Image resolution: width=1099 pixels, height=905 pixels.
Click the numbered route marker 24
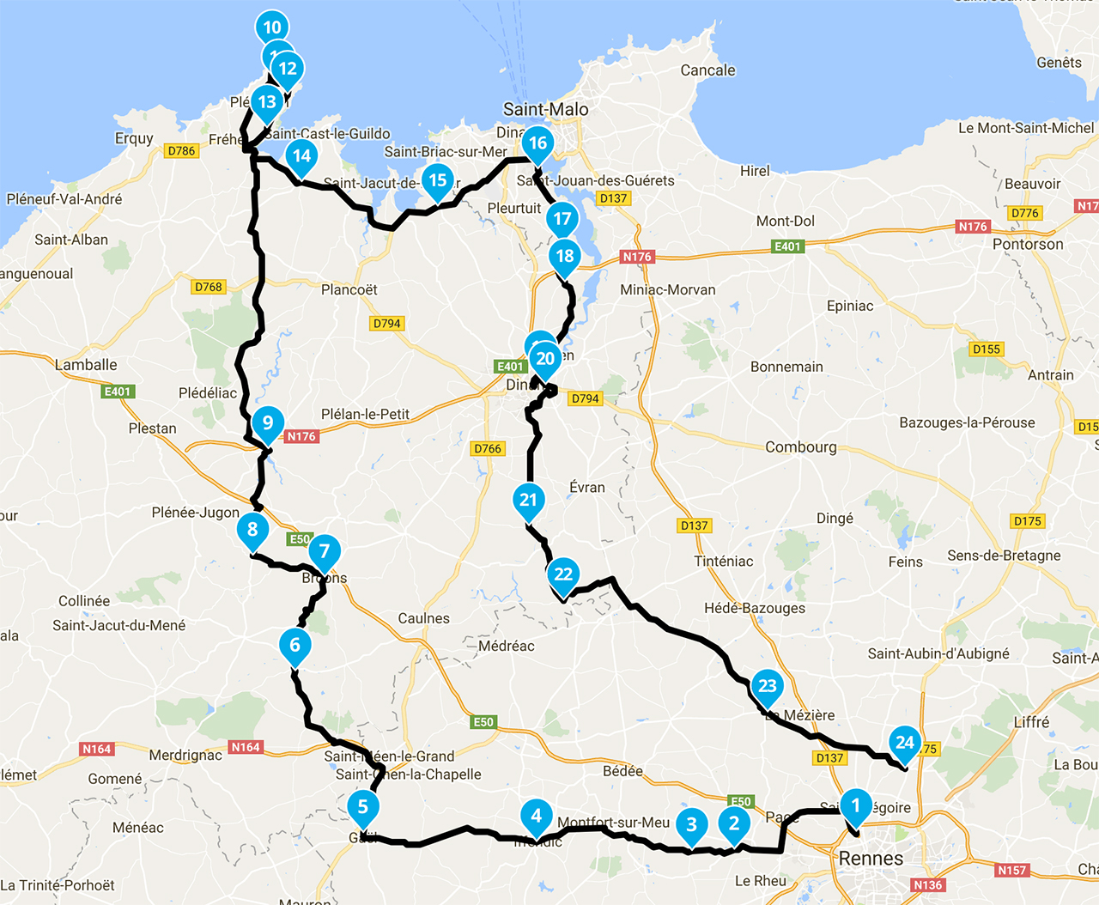[905, 743]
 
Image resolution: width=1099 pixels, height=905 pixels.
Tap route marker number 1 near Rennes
[855, 805]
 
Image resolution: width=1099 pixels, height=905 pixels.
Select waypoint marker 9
[268, 422]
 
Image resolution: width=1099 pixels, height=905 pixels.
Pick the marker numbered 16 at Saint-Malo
[537, 143]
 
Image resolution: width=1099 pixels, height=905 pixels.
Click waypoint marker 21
[528, 500]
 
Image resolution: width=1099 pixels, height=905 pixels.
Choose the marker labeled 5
[363, 806]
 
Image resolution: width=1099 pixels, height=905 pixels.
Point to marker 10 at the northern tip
[272, 27]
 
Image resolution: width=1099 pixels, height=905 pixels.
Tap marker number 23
[767, 686]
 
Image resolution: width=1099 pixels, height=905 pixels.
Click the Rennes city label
[871, 859]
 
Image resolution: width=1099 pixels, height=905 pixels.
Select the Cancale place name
[707, 70]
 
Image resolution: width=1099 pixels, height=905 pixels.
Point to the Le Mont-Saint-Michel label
[1026, 128]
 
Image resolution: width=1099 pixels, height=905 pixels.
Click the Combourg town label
[800, 446]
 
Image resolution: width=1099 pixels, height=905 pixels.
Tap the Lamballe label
[86, 365]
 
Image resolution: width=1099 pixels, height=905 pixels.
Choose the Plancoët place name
[349, 289]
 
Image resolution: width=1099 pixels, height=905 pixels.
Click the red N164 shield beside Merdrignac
[246, 747]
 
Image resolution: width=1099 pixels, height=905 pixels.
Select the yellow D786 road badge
[181, 151]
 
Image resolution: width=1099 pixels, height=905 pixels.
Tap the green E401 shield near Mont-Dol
[787, 246]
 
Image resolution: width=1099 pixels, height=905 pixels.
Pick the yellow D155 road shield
[987, 349]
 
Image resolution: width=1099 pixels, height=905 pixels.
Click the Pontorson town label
[1028, 244]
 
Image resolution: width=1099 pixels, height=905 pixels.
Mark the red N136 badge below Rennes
[927, 885]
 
